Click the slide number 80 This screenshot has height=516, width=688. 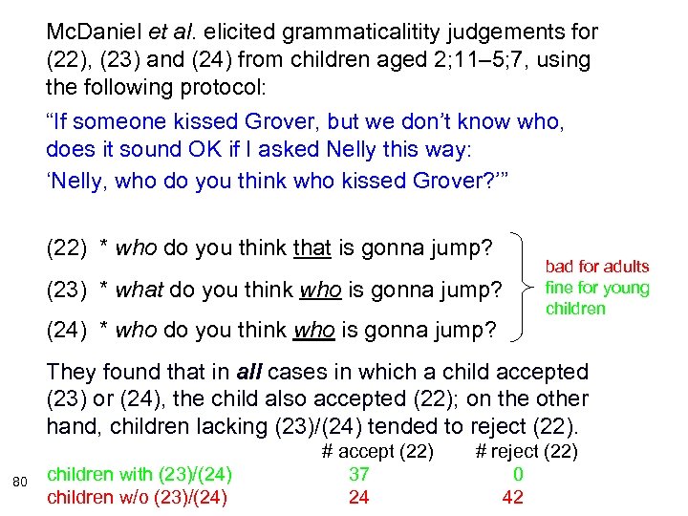point(19,480)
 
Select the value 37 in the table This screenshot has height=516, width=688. point(358,474)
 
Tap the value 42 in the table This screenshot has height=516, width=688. point(512,497)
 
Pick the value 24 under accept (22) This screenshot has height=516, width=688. point(358,497)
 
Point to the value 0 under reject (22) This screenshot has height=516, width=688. point(518,474)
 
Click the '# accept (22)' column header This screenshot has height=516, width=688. point(377,451)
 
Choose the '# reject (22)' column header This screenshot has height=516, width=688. point(527,451)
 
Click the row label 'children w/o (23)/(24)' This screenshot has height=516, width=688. point(140,497)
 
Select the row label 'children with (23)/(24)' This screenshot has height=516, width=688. point(140,474)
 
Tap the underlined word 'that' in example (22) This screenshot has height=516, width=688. point(312,249)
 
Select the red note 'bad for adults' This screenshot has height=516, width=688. point(596,267)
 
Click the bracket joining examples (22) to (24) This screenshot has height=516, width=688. point(525,287)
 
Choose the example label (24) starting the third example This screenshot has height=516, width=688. point(67,331)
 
